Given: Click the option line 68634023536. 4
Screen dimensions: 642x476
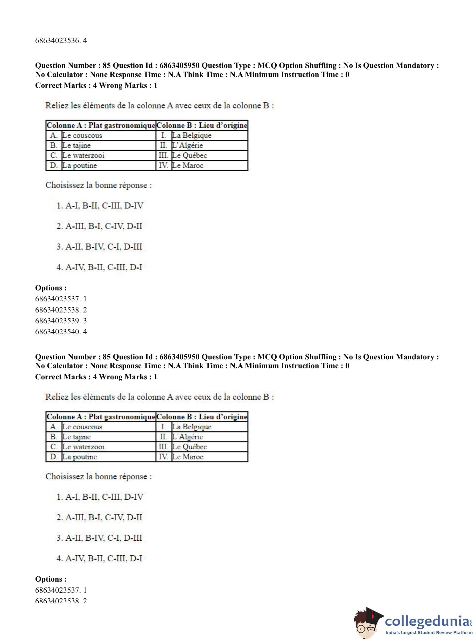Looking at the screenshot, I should point(61,41).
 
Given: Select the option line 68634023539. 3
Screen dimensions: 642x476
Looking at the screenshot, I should point(61,321).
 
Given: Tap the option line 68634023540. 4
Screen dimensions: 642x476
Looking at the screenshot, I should point(61,332).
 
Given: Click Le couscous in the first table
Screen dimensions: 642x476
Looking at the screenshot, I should point(82,135).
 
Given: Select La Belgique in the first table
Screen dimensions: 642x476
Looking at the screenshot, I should point(192,135).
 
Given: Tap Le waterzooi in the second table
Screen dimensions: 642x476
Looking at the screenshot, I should point(83,447).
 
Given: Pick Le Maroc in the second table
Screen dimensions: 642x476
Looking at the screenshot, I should point(188,457).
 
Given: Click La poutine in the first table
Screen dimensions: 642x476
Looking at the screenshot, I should point(80,166).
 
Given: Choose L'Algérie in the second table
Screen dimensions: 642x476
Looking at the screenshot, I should point(187,437).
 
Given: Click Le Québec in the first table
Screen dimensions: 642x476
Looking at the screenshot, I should point(189,156).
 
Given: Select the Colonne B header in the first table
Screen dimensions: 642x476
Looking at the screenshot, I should point(202,125).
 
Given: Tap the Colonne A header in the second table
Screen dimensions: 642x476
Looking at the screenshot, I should point(101,417).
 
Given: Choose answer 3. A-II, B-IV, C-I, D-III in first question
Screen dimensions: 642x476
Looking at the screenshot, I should point(99,247).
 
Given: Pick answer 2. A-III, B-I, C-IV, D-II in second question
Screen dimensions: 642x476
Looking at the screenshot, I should point(99,518).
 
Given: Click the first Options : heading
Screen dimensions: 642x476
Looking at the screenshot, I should point(51,288).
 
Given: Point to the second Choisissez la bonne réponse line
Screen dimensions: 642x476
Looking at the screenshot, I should point(99,477).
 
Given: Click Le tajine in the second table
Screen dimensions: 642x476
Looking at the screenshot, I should point(76,437).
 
